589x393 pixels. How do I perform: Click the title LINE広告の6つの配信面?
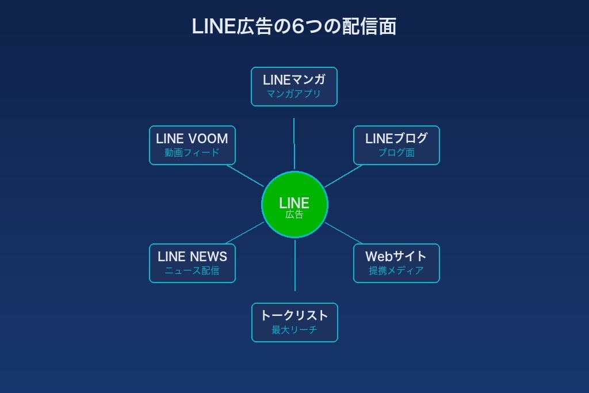294,26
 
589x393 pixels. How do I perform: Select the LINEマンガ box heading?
294,80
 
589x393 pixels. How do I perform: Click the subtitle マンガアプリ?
294,94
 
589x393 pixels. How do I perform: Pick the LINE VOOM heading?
192,139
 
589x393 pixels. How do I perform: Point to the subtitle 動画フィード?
192,152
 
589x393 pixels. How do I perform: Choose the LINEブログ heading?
396,139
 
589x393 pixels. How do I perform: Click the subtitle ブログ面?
396,152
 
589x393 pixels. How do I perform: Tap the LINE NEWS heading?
192,257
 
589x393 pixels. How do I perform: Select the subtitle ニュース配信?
192,270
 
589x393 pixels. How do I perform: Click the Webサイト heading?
396,257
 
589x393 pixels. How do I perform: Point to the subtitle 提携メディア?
396,270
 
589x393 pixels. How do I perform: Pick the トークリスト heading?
294,315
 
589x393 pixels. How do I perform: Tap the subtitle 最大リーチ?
294,330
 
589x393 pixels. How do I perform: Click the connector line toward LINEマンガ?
294,144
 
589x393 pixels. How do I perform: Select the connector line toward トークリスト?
295,265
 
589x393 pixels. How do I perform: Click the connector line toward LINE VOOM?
245,176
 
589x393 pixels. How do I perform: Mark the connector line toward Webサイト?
344,233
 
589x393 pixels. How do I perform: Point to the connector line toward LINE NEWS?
245,233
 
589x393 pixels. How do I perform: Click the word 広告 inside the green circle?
294,215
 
